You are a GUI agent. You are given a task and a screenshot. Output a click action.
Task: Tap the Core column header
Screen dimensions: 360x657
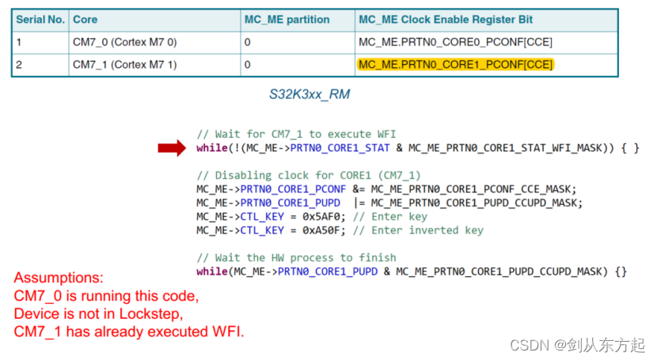coord(85,19)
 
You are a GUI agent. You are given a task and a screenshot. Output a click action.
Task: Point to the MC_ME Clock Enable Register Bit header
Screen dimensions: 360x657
coord(446,19)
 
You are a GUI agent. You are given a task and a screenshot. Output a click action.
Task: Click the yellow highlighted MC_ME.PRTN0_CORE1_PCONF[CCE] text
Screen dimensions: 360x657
coord(455,64)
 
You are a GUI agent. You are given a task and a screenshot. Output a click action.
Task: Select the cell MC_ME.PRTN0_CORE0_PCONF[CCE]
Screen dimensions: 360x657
coord(455,41)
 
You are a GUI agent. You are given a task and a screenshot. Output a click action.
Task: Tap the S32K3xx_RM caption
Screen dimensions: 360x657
coord(310,94)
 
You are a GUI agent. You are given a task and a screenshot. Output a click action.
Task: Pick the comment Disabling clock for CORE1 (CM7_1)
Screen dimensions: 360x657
coord(309,175)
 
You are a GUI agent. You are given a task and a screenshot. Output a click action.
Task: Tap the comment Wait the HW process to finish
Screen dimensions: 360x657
coord(296,257)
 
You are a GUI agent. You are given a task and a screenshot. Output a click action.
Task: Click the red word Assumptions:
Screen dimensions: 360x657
coord(59,278)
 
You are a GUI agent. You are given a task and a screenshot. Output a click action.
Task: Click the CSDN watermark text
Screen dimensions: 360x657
coord(577,345)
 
